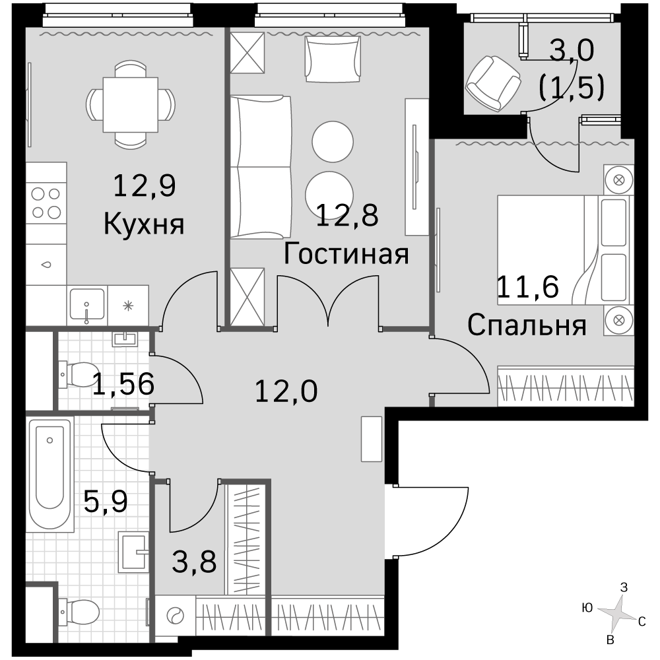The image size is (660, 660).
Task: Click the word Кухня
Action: point(144,224)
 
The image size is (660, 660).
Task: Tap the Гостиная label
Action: point(346,254)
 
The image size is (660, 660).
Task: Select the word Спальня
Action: point(527,325)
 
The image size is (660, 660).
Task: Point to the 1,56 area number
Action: point(123,384)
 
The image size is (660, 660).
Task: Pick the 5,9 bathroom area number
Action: point(106,501)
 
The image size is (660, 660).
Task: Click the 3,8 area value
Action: point(194,562)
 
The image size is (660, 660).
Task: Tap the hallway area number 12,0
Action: point(286,391)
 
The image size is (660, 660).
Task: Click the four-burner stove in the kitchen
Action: point(46,203)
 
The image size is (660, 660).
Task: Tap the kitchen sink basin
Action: point(87,304)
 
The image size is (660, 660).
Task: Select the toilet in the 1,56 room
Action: point(79,374)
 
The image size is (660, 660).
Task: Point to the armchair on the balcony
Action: point(493,83)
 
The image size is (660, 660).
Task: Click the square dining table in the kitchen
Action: point(131,105)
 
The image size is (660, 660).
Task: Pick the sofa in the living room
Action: point(261,167)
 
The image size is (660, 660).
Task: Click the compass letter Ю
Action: point(587,607)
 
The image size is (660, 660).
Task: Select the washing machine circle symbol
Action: point(176,616)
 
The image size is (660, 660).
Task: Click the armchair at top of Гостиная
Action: point(333,59)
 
